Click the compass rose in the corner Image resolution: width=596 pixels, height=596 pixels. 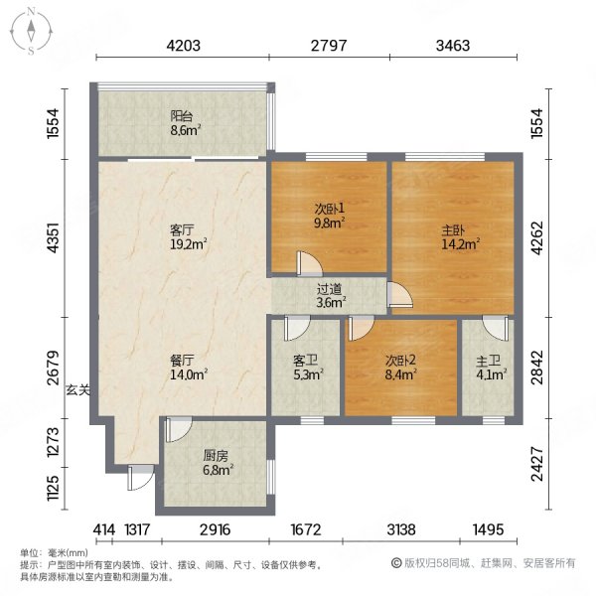(31, 32)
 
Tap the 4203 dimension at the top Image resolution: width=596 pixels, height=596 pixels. (183, 46)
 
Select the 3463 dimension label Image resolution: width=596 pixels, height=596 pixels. (453, 46)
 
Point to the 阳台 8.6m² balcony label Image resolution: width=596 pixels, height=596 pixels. (185, 123)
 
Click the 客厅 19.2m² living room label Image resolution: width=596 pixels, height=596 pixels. (188, 237)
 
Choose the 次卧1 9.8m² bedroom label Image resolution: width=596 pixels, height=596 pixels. (329, 216)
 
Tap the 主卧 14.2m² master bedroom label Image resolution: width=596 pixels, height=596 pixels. (460, 237)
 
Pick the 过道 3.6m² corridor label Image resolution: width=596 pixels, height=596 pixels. (331, 296)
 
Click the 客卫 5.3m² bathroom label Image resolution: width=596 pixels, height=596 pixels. (308, 368)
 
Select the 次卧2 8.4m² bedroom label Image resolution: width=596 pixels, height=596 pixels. (400, 368)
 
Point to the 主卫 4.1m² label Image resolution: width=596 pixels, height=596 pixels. (491, 368)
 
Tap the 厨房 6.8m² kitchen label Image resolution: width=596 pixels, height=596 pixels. (218, 463)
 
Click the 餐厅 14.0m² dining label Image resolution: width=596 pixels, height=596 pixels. (188, 368)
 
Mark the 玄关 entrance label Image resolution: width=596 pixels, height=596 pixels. (78, 389)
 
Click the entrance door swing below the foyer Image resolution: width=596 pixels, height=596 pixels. (141, 478)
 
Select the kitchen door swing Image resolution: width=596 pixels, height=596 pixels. (179, 429)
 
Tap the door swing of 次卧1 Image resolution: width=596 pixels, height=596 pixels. (309, 263)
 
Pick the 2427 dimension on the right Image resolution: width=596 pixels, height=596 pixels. (536, 464)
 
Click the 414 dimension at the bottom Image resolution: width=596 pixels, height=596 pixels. (104, 529)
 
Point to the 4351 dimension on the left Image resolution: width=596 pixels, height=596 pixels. (53, 237)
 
